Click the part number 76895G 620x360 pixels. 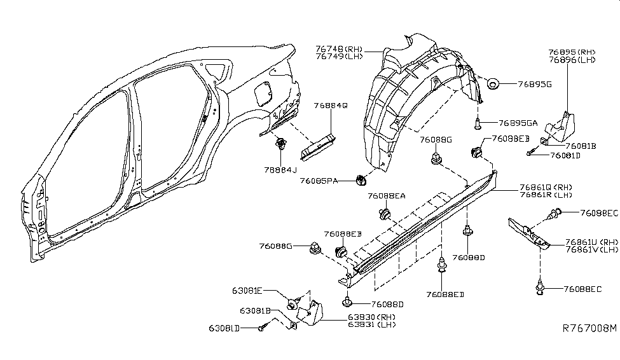(534, 83)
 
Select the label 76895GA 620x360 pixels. (518, 123)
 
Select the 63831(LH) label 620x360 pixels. (372, 325)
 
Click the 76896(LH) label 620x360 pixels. (572, 60)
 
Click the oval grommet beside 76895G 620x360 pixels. (493, 83)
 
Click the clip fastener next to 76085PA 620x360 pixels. (361, 181)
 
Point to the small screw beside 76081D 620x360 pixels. (530, 153)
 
